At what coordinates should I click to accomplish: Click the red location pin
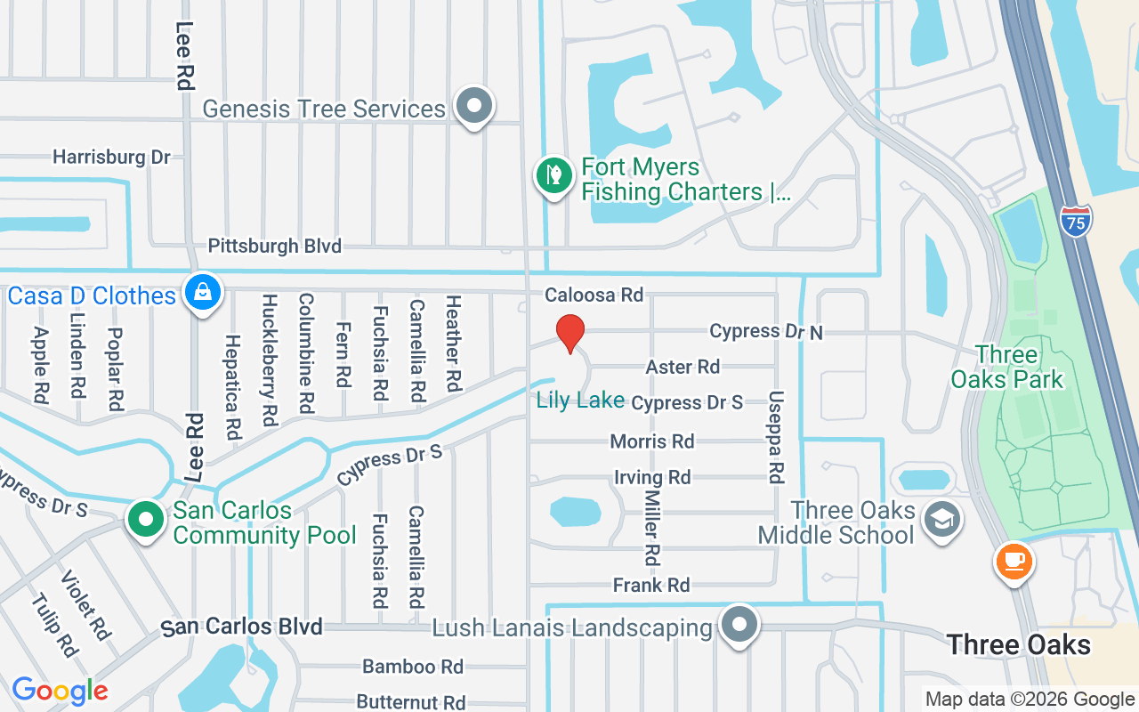pyautogui.click(x=569, y=334)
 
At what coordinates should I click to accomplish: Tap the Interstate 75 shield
pyautogui.click(x=1076, y=221)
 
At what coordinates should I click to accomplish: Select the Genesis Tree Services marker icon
pyautogui.click(x=474, y=106)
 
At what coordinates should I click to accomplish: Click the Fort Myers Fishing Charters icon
pyautogui.click(x=554, y=175)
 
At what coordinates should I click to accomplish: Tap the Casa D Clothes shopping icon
pyautogui.click(x=203, y=292)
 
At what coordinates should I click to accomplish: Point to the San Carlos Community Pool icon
pyautogui.click(x=146, y=519)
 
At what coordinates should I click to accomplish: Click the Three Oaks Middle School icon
pyautogui.click(x=941, y=519)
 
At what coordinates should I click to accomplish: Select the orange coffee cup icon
pyautogui.click(x=1013, y=562)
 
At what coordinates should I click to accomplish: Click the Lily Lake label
pyautogui.click(x=580, y=400)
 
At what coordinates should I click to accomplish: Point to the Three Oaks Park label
pyautogui.click(x=1006, y=367)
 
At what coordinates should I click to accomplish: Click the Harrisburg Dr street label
pyautogui.click(x=111, y=158)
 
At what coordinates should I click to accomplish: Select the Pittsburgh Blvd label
pyautogui.click(x=274, y=247)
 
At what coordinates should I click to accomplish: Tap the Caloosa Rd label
pyautogui.click(x=594, y=295)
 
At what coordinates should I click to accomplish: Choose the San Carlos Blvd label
pyautogui.click(x=241, y=627)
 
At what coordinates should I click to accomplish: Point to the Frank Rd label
pyautogui.click(x=651, y=585)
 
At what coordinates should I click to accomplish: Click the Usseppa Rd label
pyautogui.click(x=776, y=436)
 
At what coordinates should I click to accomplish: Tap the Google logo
pyautogui.click(x=60, y=691)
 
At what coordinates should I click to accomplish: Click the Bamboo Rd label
pyautogui.click(x=413, y=667)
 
